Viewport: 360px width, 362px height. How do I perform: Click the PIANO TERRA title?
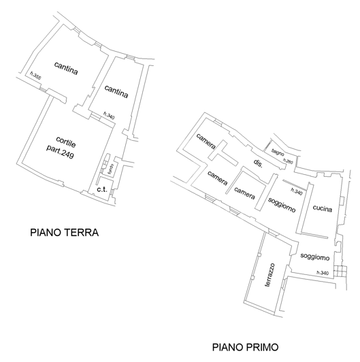click(65, 232)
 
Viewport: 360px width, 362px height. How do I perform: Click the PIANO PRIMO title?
click(244, 347)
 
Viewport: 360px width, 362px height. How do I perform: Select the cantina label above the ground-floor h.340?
click(116, 90)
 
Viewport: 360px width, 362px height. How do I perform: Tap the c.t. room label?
click(101, 188)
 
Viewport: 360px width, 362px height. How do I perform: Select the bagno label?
click(278, 152)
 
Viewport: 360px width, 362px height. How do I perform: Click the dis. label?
click(258, 163)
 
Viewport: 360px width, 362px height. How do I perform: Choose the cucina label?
click(322, 209)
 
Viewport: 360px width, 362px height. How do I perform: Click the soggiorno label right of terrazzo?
click(314, 257)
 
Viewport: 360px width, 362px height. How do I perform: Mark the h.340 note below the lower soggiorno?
click(322, 273)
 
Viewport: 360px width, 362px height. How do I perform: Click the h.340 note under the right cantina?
click(109, 115)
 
